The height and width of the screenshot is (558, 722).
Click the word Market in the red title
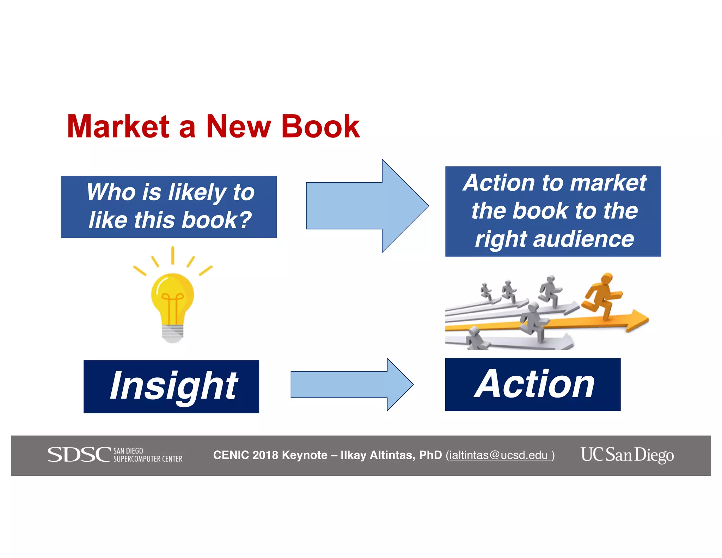pos(118,127)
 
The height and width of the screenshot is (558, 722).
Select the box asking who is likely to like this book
pos(169,207)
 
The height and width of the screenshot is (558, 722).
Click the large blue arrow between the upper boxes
pos(367,206)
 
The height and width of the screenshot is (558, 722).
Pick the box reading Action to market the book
pos(553,211)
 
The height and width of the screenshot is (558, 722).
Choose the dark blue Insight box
pos(171,386)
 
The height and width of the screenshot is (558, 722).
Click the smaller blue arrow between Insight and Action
pos(351,384)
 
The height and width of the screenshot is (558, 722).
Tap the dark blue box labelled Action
pos(533,384)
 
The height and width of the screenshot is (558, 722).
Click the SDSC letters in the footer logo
pos(79,455)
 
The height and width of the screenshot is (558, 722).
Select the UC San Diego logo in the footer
pos(627,455)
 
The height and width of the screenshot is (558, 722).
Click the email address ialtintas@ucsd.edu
pos(499,455)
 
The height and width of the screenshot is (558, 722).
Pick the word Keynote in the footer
pos(305,455)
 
